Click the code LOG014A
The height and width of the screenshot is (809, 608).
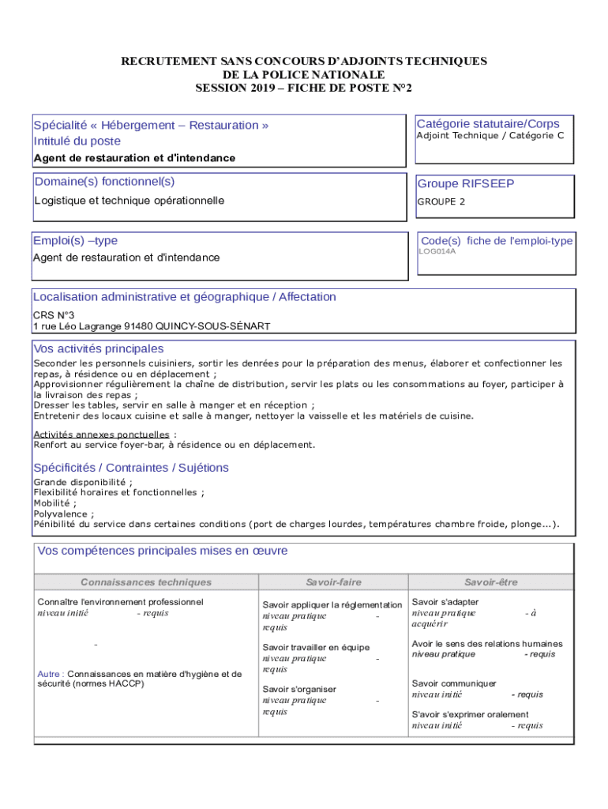(x=437, y=252)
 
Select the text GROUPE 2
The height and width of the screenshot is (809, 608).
(x=441, y=201)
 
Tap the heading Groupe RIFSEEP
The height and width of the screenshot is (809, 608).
(x=465, y=184)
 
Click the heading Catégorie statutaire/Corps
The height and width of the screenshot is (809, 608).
(x=488, y=123)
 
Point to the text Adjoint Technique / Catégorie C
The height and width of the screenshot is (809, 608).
(x=490, y=136)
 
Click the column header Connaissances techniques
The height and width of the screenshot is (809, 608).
(x=146, y=582)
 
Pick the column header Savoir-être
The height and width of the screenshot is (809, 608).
(x=490, y=582)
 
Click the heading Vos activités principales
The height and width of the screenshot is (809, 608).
(x=99, y=348)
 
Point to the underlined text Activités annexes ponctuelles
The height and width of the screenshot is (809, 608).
(x=101, y=435)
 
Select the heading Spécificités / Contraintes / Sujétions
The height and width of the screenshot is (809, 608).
(x=131, y=468)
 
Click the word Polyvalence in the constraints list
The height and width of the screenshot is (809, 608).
(x=60, y=514)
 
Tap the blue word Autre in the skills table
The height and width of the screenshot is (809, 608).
(x=50, y=674)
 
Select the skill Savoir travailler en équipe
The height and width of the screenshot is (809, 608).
(x=316, y=647)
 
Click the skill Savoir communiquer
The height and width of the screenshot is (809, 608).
(x=454, y=683)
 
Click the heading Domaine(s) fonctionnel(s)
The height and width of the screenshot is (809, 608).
(x=104, y=182)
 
